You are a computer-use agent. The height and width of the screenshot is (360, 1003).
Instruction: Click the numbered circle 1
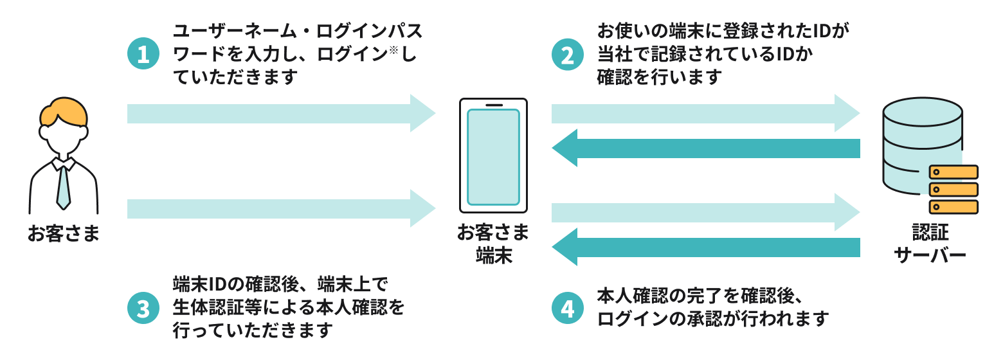pyautogui.click(x=143, y=54)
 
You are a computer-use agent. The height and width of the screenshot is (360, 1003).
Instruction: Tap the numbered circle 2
pyautogui.click(x=568, y=54)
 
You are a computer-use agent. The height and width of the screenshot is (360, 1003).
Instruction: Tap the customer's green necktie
pyautogui.click(x=63, y=186)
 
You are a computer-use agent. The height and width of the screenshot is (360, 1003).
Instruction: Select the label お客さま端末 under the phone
pyautogui.click(x=493, y=244)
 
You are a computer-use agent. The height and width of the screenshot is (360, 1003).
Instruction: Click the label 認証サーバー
pyautogui.click(x=930, y=244)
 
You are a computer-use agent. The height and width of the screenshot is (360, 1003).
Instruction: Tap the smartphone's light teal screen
pyautogui.click(x=493, y=157)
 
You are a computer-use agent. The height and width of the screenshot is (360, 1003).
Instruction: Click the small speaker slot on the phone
pyautogui.click(x=493, y=105)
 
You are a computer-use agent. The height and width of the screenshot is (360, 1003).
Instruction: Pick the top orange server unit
pyautogui.click(x=953, y=172)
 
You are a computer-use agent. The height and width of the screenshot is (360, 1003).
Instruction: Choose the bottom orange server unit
pyautogui.click(x=953, y=207)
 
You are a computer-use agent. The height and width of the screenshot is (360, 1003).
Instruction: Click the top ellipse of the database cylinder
pyautogui.click(x=923, y=113)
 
